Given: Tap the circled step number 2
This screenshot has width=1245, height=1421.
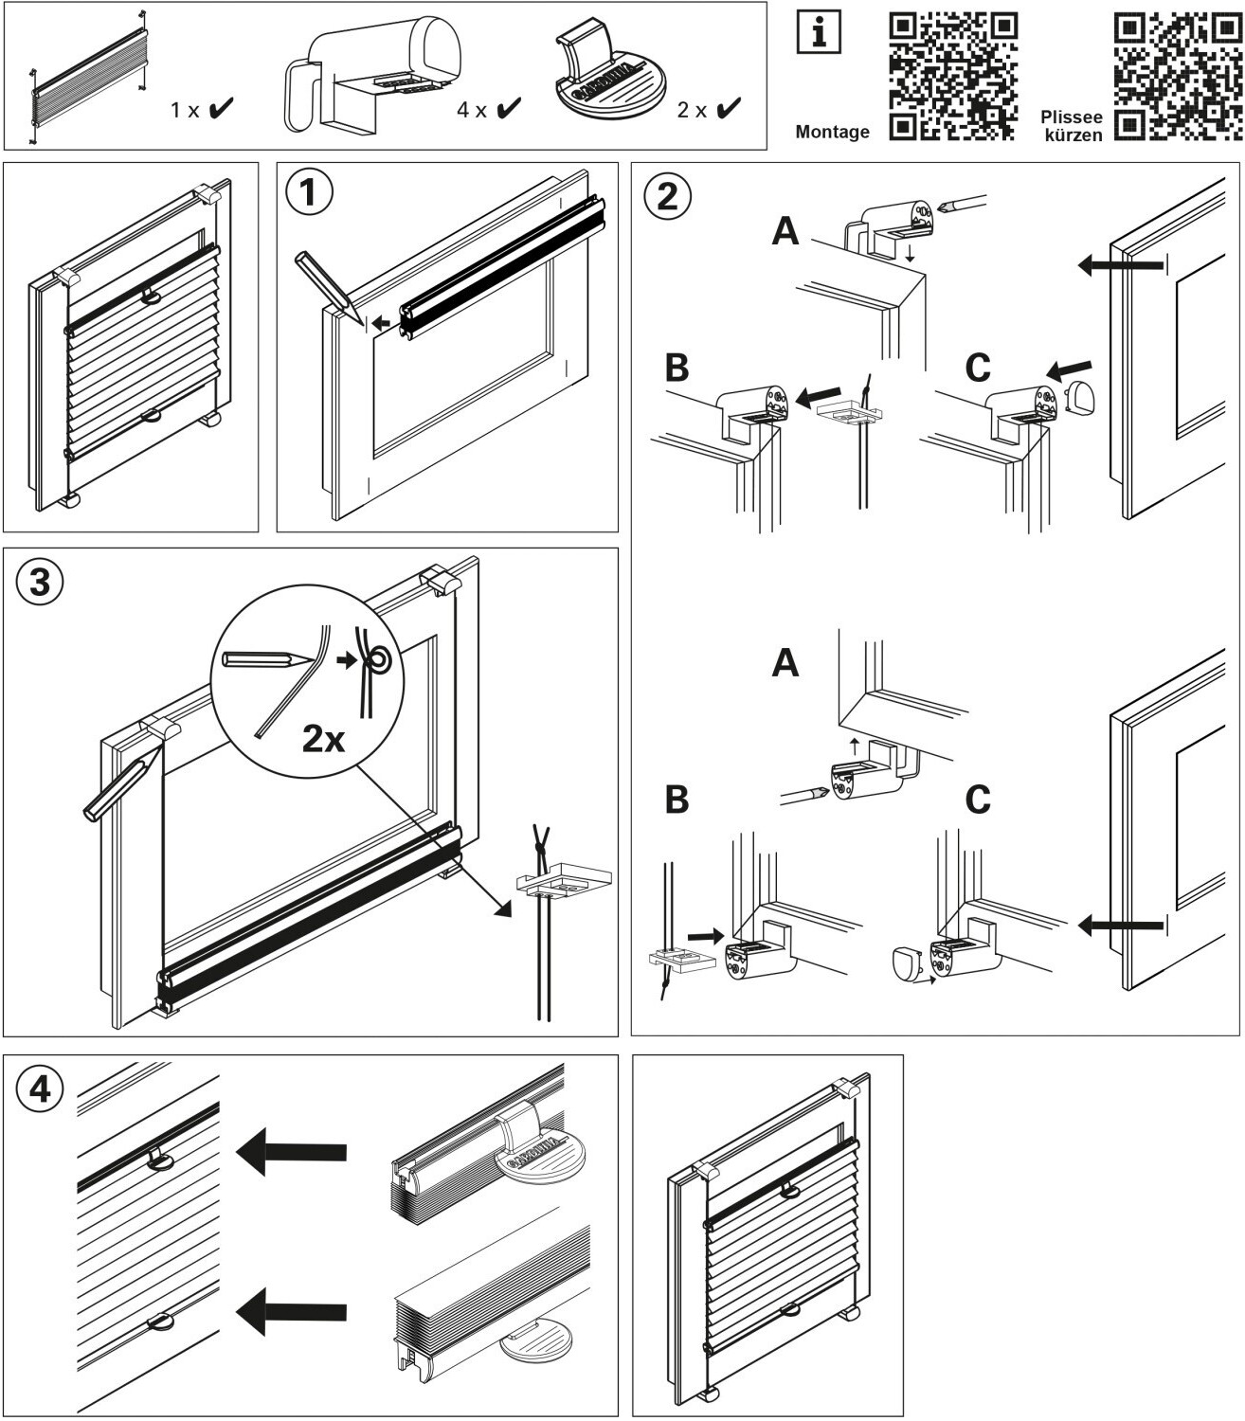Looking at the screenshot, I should (667, 196).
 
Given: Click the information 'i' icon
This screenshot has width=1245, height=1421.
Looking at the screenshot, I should (819, 34).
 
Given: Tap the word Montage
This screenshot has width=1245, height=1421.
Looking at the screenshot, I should (832, 133).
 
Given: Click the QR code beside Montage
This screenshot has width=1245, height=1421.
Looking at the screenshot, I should (953, 76).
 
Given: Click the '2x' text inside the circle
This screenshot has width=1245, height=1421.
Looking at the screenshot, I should (323, 738).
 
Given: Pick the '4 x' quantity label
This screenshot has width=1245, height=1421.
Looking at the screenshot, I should (471, 110).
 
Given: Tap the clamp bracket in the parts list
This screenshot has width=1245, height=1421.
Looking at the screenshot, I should (374, 76).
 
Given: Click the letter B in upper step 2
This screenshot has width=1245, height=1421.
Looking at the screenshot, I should (677, 369).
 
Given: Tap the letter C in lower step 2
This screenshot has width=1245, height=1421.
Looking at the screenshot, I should (978, 800).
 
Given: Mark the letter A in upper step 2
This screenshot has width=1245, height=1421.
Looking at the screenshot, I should (785, 230).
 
